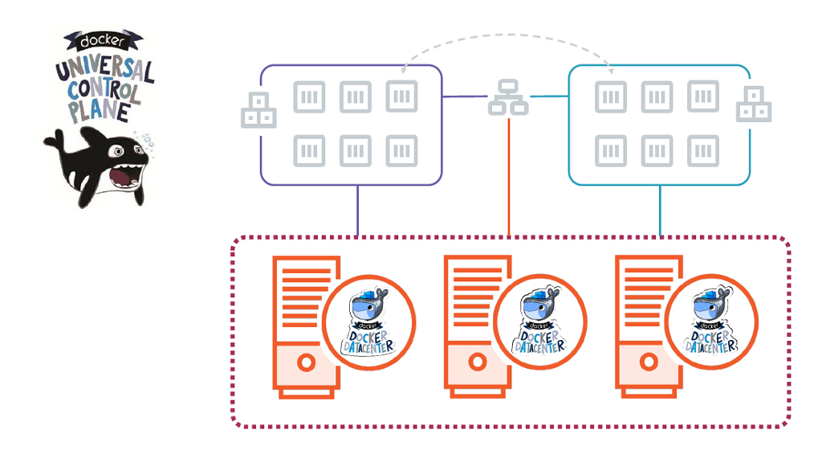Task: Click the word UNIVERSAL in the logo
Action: (104, 70)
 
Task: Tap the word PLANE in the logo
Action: (98, 110)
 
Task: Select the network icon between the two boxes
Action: (508, 96)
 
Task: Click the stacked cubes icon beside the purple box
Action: (258, 111)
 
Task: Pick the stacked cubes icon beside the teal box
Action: (755, 104)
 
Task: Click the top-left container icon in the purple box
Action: (309, 96)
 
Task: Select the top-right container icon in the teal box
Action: (703, 96)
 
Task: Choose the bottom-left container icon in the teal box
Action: (611, 151)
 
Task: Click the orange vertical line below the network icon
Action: (509, 177)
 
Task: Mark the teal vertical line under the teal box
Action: (660, 211)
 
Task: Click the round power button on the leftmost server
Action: (306, 363)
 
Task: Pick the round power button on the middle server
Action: (478, 363)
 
